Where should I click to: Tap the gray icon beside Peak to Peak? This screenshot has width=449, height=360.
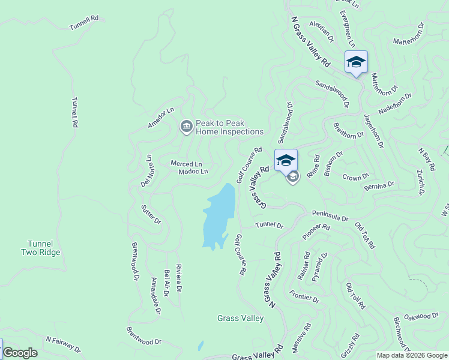tap(186, 127)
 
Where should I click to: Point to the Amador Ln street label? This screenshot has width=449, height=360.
tap(161, 118)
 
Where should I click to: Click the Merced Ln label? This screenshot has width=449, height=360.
tap(186, 164)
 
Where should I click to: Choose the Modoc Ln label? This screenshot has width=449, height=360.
tap(193, 172)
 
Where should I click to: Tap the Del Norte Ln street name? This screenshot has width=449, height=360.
tap(147, 170)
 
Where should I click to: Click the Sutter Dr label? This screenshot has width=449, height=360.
tap(151, 214)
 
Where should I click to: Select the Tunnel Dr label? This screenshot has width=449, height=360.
tap(268, 225)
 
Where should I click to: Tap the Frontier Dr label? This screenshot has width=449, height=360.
tap(304, 296)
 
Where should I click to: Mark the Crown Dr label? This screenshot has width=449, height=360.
tap(352, 178)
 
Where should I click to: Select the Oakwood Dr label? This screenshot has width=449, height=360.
tap(421, 316)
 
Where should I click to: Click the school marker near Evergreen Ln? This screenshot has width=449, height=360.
tap(356, 62)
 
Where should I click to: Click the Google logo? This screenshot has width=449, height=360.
tap(20, 353)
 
